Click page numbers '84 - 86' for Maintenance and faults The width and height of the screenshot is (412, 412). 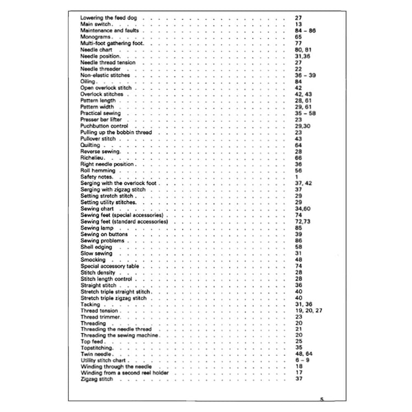pos(304,31)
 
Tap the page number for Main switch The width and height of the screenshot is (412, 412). pos(298,25)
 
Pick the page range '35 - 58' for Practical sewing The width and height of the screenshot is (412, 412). pos(304,113)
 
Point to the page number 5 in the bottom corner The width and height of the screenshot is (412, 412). pos(322,399)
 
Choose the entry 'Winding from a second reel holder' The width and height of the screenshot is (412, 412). pos(124,373)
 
